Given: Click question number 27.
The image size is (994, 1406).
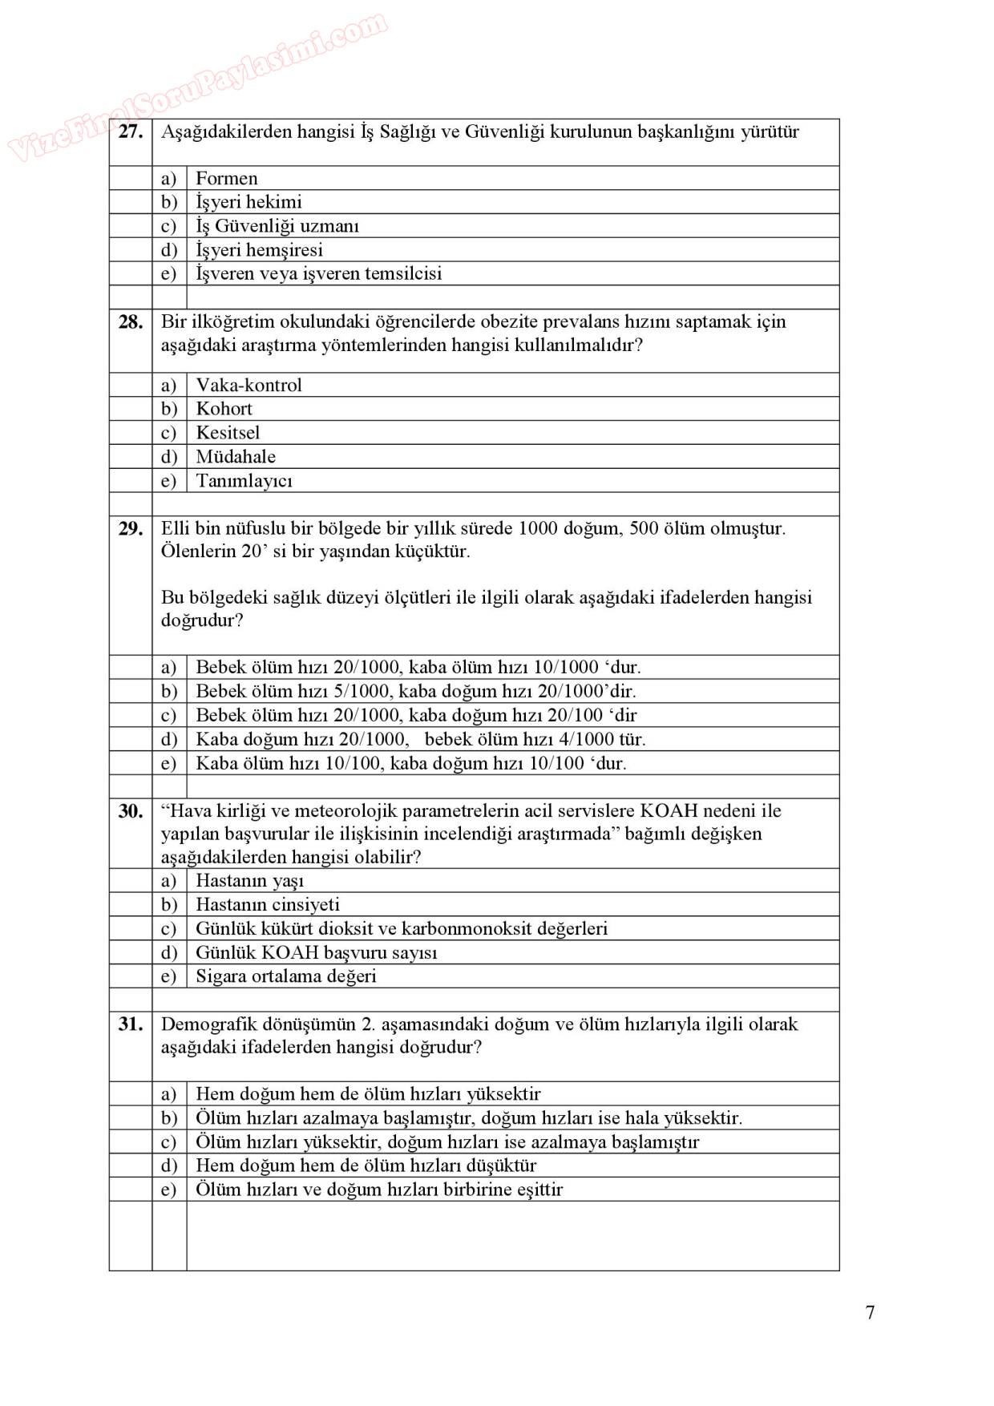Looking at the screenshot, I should (x=130, y=132).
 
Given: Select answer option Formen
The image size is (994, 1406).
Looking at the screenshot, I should (x=227, y=178).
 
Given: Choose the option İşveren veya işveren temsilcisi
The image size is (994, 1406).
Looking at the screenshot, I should (x=318, y=273).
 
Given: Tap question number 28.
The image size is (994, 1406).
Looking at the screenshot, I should (x=130, y=322).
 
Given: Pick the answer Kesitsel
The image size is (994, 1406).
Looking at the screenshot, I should (x=228, y=433).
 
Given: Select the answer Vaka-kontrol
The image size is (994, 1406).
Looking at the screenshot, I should (x=248, y=385).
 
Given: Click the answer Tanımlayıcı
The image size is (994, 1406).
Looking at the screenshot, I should (x=244, y=481).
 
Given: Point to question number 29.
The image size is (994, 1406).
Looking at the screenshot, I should (x=130, y=529).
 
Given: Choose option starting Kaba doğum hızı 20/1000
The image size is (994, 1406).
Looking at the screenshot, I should (x=420, y=739).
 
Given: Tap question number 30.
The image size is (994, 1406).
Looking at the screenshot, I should (x=130, y=811).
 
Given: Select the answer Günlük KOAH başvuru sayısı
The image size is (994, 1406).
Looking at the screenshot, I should (x=317, y=952).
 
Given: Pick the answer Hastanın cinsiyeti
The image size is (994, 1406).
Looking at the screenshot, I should (x=268, y=904).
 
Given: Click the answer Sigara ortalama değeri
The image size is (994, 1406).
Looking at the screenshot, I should (x=285, y=976).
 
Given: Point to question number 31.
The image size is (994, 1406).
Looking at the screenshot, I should (x=130, y=1024).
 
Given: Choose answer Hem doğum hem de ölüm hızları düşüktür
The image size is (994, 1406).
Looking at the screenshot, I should (x=366, y=1166).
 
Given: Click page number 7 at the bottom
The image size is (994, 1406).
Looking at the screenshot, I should (x=871, y=1312).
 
